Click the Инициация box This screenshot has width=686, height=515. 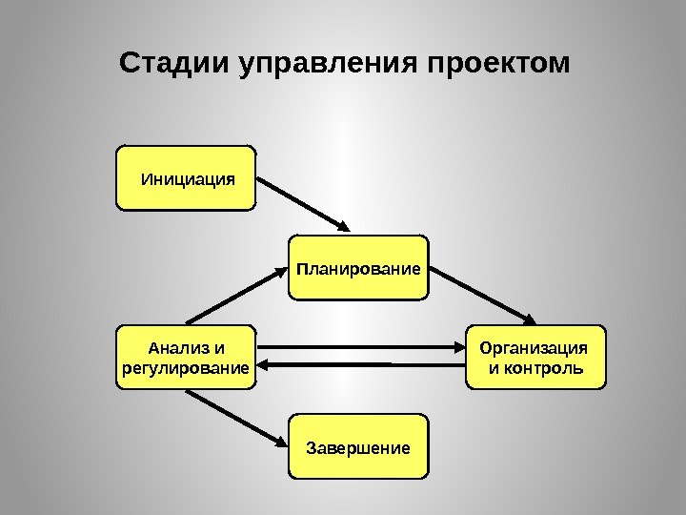click(186, 177)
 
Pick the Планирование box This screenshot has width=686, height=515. click(358, 268)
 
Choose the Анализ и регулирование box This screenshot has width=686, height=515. click(186, 358)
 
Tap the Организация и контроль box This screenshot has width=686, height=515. click(535, 358)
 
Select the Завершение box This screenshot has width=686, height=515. click(358, 446)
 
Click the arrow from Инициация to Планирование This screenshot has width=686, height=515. click(303, 202)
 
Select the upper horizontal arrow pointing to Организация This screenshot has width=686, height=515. click(362, 347)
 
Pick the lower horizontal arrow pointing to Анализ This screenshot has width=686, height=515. click(362, 364)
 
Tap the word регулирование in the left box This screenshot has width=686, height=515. click(186, 367)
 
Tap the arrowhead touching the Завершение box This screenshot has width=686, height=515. click(282, 443)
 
